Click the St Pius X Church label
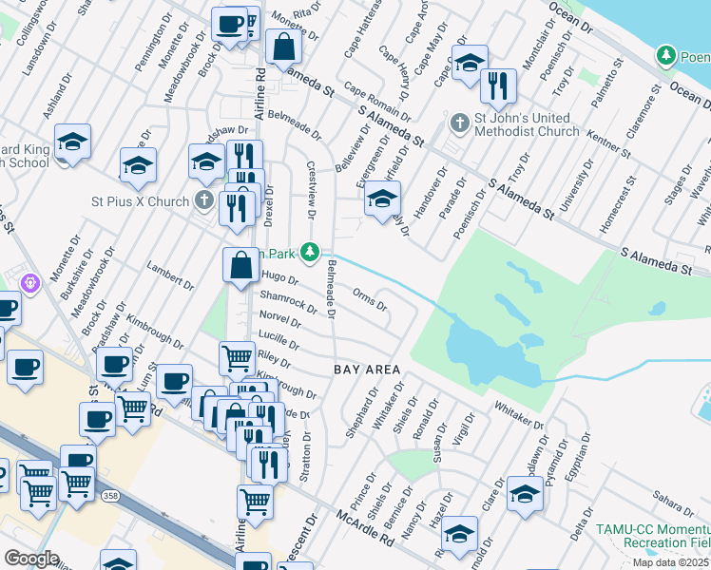pyautogui.click(x=141, y=201)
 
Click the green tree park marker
pyautogui.click(x=309, y=252)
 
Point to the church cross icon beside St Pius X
pyautogui.click(x=203, y=200)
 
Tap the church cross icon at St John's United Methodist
pyautogui.click(x=459, y=123)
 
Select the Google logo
pyautogui.click(x=30, y=558)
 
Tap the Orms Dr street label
pyautogui.click(x=370, y=300)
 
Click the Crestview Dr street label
pyautogui.click(x=311, y=182)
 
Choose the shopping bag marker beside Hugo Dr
pyautogui.click(x=240, y=265)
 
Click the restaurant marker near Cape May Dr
pyautogui.click(x=497, y=86)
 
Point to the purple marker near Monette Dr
pyautogui.click(x=30, y=282)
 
